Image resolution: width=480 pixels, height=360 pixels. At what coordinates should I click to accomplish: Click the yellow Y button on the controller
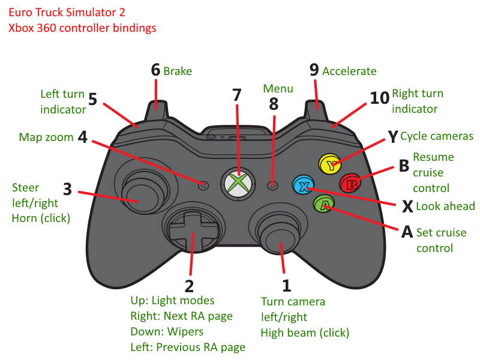coord(330,163)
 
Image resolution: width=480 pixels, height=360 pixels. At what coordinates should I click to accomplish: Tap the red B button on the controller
coord(350,184)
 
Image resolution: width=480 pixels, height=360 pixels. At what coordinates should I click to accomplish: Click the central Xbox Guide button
coord(239,182)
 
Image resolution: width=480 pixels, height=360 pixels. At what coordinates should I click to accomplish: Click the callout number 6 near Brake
coord(156,70)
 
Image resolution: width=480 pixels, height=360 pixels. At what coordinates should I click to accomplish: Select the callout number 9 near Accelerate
coord(314,70)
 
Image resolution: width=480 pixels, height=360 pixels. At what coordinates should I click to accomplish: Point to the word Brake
coord(178,71)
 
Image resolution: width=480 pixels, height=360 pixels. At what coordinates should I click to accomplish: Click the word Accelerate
coord(349,71)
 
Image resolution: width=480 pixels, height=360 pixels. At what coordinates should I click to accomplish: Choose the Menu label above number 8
coord(278,89)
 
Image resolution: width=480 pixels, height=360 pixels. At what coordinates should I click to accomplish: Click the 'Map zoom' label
coord(46,137)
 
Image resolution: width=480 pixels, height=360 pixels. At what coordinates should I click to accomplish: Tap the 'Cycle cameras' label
coord(437,136)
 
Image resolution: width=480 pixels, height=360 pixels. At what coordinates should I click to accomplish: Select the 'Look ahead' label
coord(445,206)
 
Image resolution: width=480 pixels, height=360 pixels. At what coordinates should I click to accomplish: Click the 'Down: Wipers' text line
coord(167,331)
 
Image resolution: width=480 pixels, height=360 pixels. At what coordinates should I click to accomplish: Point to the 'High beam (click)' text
coord(305,332)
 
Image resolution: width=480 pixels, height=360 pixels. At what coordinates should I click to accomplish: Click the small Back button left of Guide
coord(204,185)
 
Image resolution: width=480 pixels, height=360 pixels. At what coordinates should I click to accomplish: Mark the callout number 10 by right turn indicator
coord(379,98)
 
